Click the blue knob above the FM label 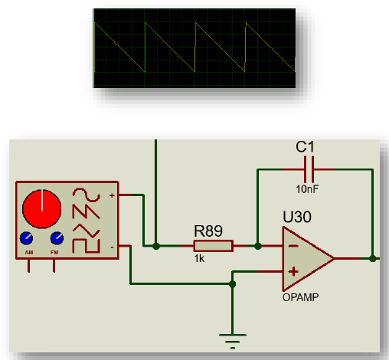point(55,237)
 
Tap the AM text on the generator point(28,250)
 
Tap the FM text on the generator point(55,250)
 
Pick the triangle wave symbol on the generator point(81,228)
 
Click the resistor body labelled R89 point(213,246)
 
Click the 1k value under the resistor point(199,259)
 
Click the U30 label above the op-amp point(297,218)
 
